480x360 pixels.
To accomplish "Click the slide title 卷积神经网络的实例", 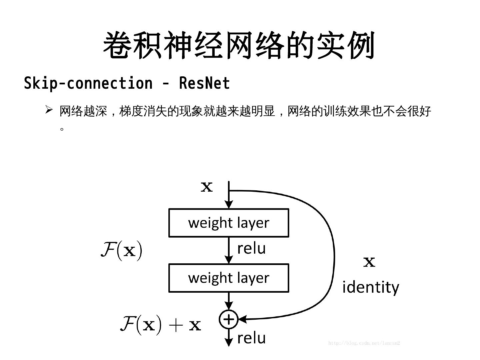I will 239,46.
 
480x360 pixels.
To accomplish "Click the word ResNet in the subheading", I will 204,83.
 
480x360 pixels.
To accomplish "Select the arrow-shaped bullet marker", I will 49,109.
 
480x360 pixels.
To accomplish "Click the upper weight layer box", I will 229,223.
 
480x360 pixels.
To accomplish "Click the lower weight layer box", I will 229,278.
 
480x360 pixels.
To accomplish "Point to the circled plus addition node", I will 229,319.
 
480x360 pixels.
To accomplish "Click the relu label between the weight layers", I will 251,249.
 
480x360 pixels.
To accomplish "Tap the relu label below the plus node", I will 251,338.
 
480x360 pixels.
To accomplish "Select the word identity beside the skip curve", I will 370,287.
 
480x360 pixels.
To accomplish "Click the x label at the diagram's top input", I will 207,187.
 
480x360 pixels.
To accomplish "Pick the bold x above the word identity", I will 369,262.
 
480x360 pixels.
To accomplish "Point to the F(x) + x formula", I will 160,324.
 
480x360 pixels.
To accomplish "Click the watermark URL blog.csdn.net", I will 364,343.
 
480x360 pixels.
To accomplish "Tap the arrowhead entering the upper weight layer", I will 229,204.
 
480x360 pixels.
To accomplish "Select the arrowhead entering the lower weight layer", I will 229,259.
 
